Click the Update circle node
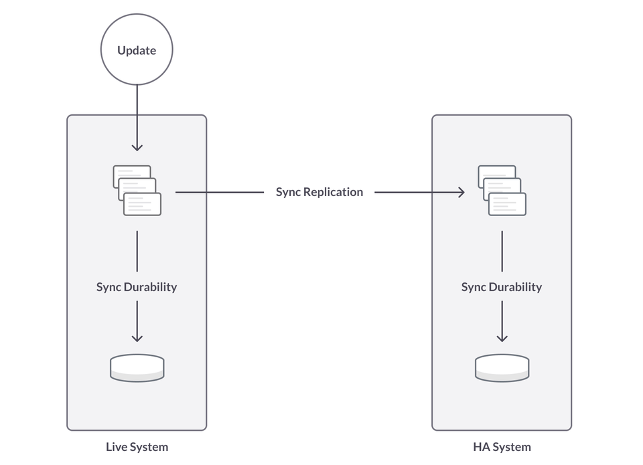[137, 50]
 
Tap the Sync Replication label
[319, 192]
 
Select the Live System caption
[137, 447]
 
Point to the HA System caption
[502, 447]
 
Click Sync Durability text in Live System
[137, 287]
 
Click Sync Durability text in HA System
[502, 287]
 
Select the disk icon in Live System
[137, 368]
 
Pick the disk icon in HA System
[502, 368]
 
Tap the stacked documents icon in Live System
[137, 191]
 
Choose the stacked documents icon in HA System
[502, 191]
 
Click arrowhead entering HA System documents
[461, 193]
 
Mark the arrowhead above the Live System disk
[137, 339]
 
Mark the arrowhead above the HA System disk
[502, 339]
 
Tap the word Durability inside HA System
[516, 287]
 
